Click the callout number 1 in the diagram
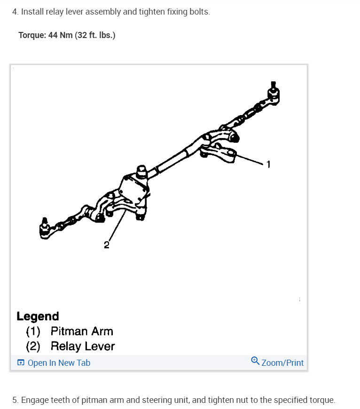click(x=268, y=164)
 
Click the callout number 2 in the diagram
click(x=107, y=245)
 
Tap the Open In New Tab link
click(x=59, y=363)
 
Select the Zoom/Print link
click(x=282, y=363)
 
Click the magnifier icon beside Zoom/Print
click(x=255, y=361)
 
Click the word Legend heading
click(x=38, y=316)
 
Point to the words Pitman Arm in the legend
click(x=82, y=331)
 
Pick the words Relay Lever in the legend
click(x=83, y=347)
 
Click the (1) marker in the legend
click(x=33, y=331)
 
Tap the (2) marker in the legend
click(x=33, y=347)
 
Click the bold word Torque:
click(x=32, y=35)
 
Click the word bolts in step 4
click(x=199, y=11)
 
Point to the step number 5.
click(x=15, y=401)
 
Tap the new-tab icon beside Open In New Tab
click(x=21, y=363)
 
